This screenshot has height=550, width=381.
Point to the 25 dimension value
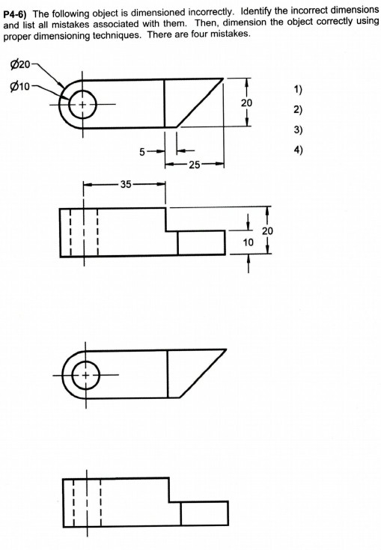pos(193,164)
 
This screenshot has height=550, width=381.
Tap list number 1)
pos(299,91)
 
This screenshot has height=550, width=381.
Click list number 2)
pos(299,110)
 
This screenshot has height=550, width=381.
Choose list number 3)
pos(299,129)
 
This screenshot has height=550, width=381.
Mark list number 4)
pos(299,149)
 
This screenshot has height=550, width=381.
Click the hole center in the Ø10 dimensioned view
pos(82,104)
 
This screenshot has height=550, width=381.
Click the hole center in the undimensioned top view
pos(85,374)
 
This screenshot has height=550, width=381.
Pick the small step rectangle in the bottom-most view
pos(204,513)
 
